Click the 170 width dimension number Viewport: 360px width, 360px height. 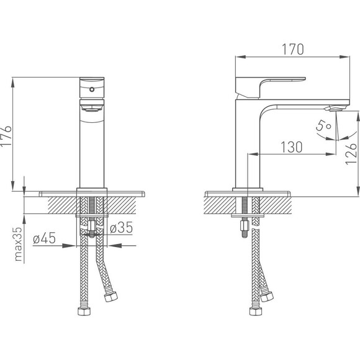click(292, 49)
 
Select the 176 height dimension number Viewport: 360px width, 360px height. click(6, 135)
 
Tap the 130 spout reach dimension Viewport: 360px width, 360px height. click(292, 147)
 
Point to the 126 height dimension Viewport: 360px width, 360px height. click(351, 154)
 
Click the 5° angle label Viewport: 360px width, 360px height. click(323, 126)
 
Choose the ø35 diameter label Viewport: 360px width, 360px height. click(121, 227)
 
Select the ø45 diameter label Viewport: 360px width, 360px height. click(44, 238)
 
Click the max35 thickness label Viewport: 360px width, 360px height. click(18, 244)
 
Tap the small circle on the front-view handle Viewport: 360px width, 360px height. click(92, 89)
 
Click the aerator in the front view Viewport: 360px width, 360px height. click(92, 108)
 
